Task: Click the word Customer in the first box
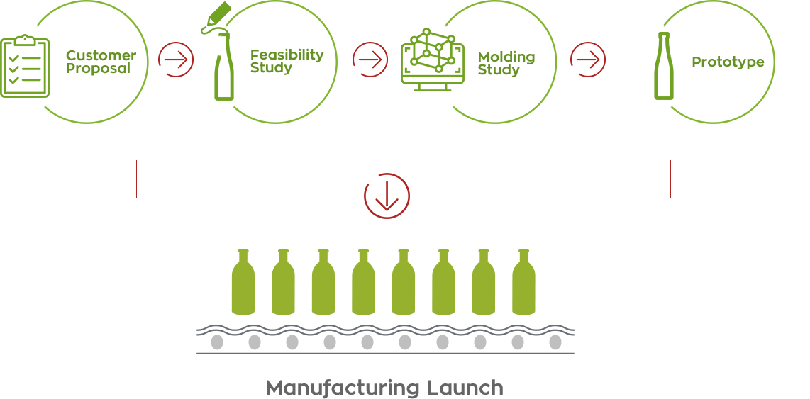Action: click(101, 55)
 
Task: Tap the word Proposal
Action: click(99, 69)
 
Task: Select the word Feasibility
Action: click(287, 55)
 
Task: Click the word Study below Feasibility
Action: click(271, 68)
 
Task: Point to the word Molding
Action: click(506, 57)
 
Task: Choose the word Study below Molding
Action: click(499, 69)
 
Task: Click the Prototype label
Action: click(728, 62)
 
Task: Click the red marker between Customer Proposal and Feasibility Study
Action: click(176, 60)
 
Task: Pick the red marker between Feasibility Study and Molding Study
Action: click(371, 60)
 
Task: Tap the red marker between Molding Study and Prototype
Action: click(588, 60)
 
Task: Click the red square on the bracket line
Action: click(392, 196)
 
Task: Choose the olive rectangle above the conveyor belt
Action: click(383, 282)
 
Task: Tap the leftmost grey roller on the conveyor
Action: click(217, 342)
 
